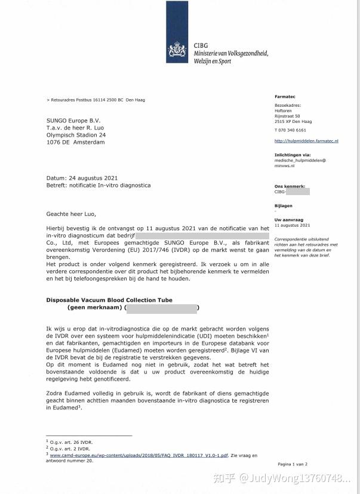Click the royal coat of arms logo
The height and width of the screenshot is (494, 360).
177,50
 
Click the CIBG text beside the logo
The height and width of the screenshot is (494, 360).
201,46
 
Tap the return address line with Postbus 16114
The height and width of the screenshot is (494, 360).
96,100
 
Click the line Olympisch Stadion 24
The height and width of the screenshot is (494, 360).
76,135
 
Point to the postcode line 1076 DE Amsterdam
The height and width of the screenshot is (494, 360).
75,143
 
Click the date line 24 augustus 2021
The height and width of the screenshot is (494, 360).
82,178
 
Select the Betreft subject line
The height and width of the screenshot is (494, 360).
98,186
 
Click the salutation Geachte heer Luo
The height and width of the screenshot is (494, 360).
70,213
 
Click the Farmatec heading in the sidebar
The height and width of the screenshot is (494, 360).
285,97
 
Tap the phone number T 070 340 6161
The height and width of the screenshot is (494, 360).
290,130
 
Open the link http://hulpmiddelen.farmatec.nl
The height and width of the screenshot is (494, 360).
306,141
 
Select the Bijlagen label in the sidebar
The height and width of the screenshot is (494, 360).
284,206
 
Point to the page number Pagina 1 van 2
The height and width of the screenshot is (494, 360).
293,464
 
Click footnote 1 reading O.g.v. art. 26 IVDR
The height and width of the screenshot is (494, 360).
69,441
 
